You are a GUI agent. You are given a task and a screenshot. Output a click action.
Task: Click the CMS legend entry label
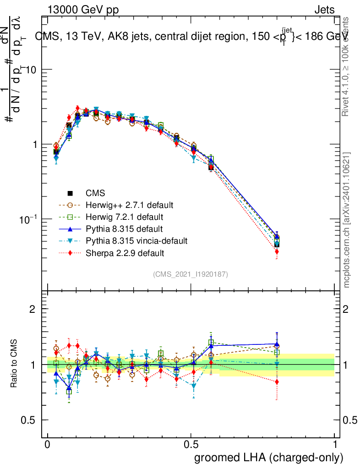point(95,193)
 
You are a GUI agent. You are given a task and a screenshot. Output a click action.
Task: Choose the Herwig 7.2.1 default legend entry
point(124,216)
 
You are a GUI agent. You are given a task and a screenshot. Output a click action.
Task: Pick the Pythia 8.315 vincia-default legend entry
point(136,240)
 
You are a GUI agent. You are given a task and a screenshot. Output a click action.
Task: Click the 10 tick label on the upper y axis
point(30,69)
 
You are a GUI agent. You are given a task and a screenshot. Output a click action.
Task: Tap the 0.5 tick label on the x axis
point(191,445)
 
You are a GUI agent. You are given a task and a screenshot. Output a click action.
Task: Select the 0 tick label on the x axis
point(47,445)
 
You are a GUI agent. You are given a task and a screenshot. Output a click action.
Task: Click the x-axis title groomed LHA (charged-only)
point(269,458)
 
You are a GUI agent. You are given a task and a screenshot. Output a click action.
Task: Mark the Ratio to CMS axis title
point(15,364)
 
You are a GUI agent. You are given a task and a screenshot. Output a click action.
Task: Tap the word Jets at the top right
point(324,10)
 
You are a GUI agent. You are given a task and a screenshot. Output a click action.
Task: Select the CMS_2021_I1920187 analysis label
point(191,274)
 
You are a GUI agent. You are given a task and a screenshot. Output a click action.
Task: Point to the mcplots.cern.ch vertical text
point(347,220)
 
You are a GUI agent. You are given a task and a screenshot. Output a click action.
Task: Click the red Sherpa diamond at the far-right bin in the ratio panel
point(277,382)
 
